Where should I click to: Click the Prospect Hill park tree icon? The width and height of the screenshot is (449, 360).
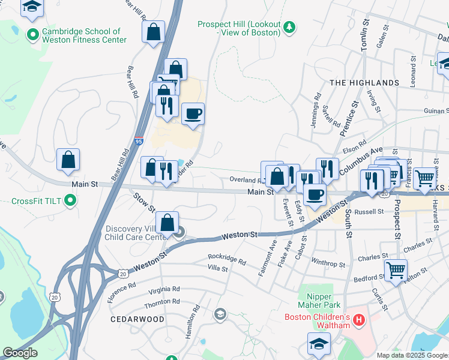pyautogui.click(x=289, y=27)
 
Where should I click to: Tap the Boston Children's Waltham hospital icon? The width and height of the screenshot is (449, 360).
pyautogui.click(x=359, y=321)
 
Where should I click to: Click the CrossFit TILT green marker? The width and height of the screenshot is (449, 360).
pyautogui.click(x=71, y=200)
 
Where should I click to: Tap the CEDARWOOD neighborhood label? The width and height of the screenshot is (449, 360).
pyautogui.click(x=137, y=320)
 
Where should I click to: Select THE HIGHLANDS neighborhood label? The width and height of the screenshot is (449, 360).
pyautogui.click(x=364, y=82)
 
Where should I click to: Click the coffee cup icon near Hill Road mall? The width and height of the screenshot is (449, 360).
pyautogui.click(x=193, y=113)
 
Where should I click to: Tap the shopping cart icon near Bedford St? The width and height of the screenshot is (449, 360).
pyautogui.click(x=396, y=269)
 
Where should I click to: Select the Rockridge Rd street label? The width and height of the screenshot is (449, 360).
pyautogui.click(x=227, y=259)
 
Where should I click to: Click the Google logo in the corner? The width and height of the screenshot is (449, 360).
pyautogui.click(x=20, y=353)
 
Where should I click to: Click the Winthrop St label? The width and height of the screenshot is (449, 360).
pyautogui.click(x=328, y=263)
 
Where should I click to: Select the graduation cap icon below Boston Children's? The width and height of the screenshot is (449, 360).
pyautogui.click(x=319, y=343)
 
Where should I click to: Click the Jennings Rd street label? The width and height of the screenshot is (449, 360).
pyautogui.click(x=317, y=104)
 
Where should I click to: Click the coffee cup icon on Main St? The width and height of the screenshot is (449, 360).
pyautogui.click(x=315, y=193)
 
